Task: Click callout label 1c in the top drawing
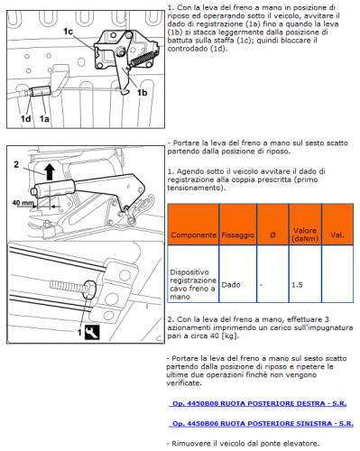(x=68, y=32)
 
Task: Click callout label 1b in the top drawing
(x=142, y=93)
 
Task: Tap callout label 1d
(x=25, y=119)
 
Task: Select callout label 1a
(x=44, y=119)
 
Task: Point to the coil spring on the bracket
(x=143, y=58)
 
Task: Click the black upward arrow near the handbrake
(x=50, y=172)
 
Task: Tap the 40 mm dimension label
(x=23, y=203)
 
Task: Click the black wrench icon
(x=92, y=332)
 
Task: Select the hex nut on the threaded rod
(x=90, y=289)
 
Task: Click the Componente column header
(x=193, y=235)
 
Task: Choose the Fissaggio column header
(x=238, y=235)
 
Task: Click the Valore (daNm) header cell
(x=305, y=235)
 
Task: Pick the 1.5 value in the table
(x=297, y=285)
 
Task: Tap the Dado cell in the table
(x=231, y=285)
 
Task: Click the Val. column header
(x=337, y=235)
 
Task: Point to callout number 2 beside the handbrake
(x=16, y=164)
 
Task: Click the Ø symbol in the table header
(x=272, y=235)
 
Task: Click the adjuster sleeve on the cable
(x=41, y=91)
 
